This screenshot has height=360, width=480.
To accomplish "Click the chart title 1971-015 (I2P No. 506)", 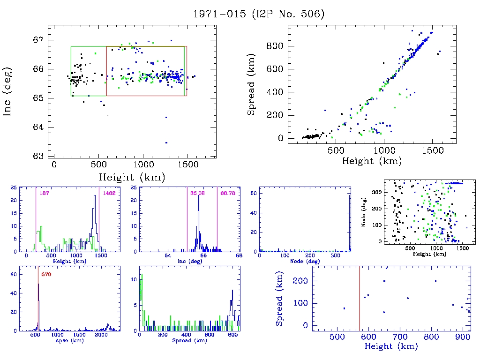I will click(259, 14).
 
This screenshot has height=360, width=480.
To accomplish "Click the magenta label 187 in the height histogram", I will click(45, 193).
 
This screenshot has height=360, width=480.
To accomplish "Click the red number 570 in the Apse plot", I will click(46, 274).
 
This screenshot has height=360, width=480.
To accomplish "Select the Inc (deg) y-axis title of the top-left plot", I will click(7, 91).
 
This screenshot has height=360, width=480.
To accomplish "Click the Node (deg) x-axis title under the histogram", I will click(305, 261).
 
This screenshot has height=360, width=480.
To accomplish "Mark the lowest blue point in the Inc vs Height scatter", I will click(166, 142).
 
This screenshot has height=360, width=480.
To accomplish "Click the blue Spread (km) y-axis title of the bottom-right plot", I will click(280, 300).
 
